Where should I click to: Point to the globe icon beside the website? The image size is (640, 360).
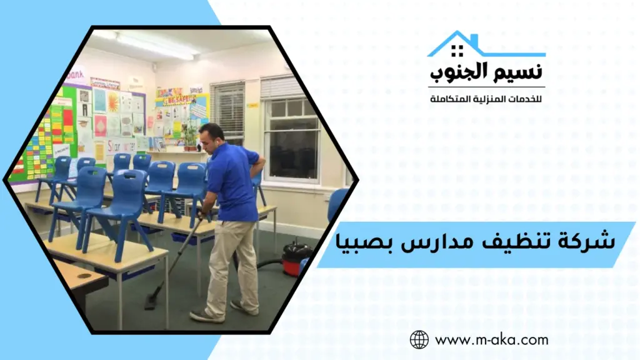pyautogui.click(x=419, y=339)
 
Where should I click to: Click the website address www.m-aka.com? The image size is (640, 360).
pyautogui.click(x=491, y=340)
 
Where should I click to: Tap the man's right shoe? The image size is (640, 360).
pyautogui.click(x=207, y=316)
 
